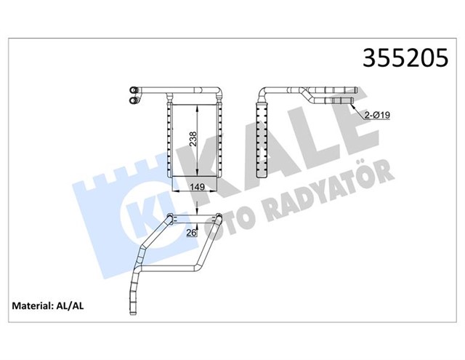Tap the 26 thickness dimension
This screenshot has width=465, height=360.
click(x=192, y=233)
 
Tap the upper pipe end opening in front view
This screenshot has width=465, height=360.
click(x=134, y=90)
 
